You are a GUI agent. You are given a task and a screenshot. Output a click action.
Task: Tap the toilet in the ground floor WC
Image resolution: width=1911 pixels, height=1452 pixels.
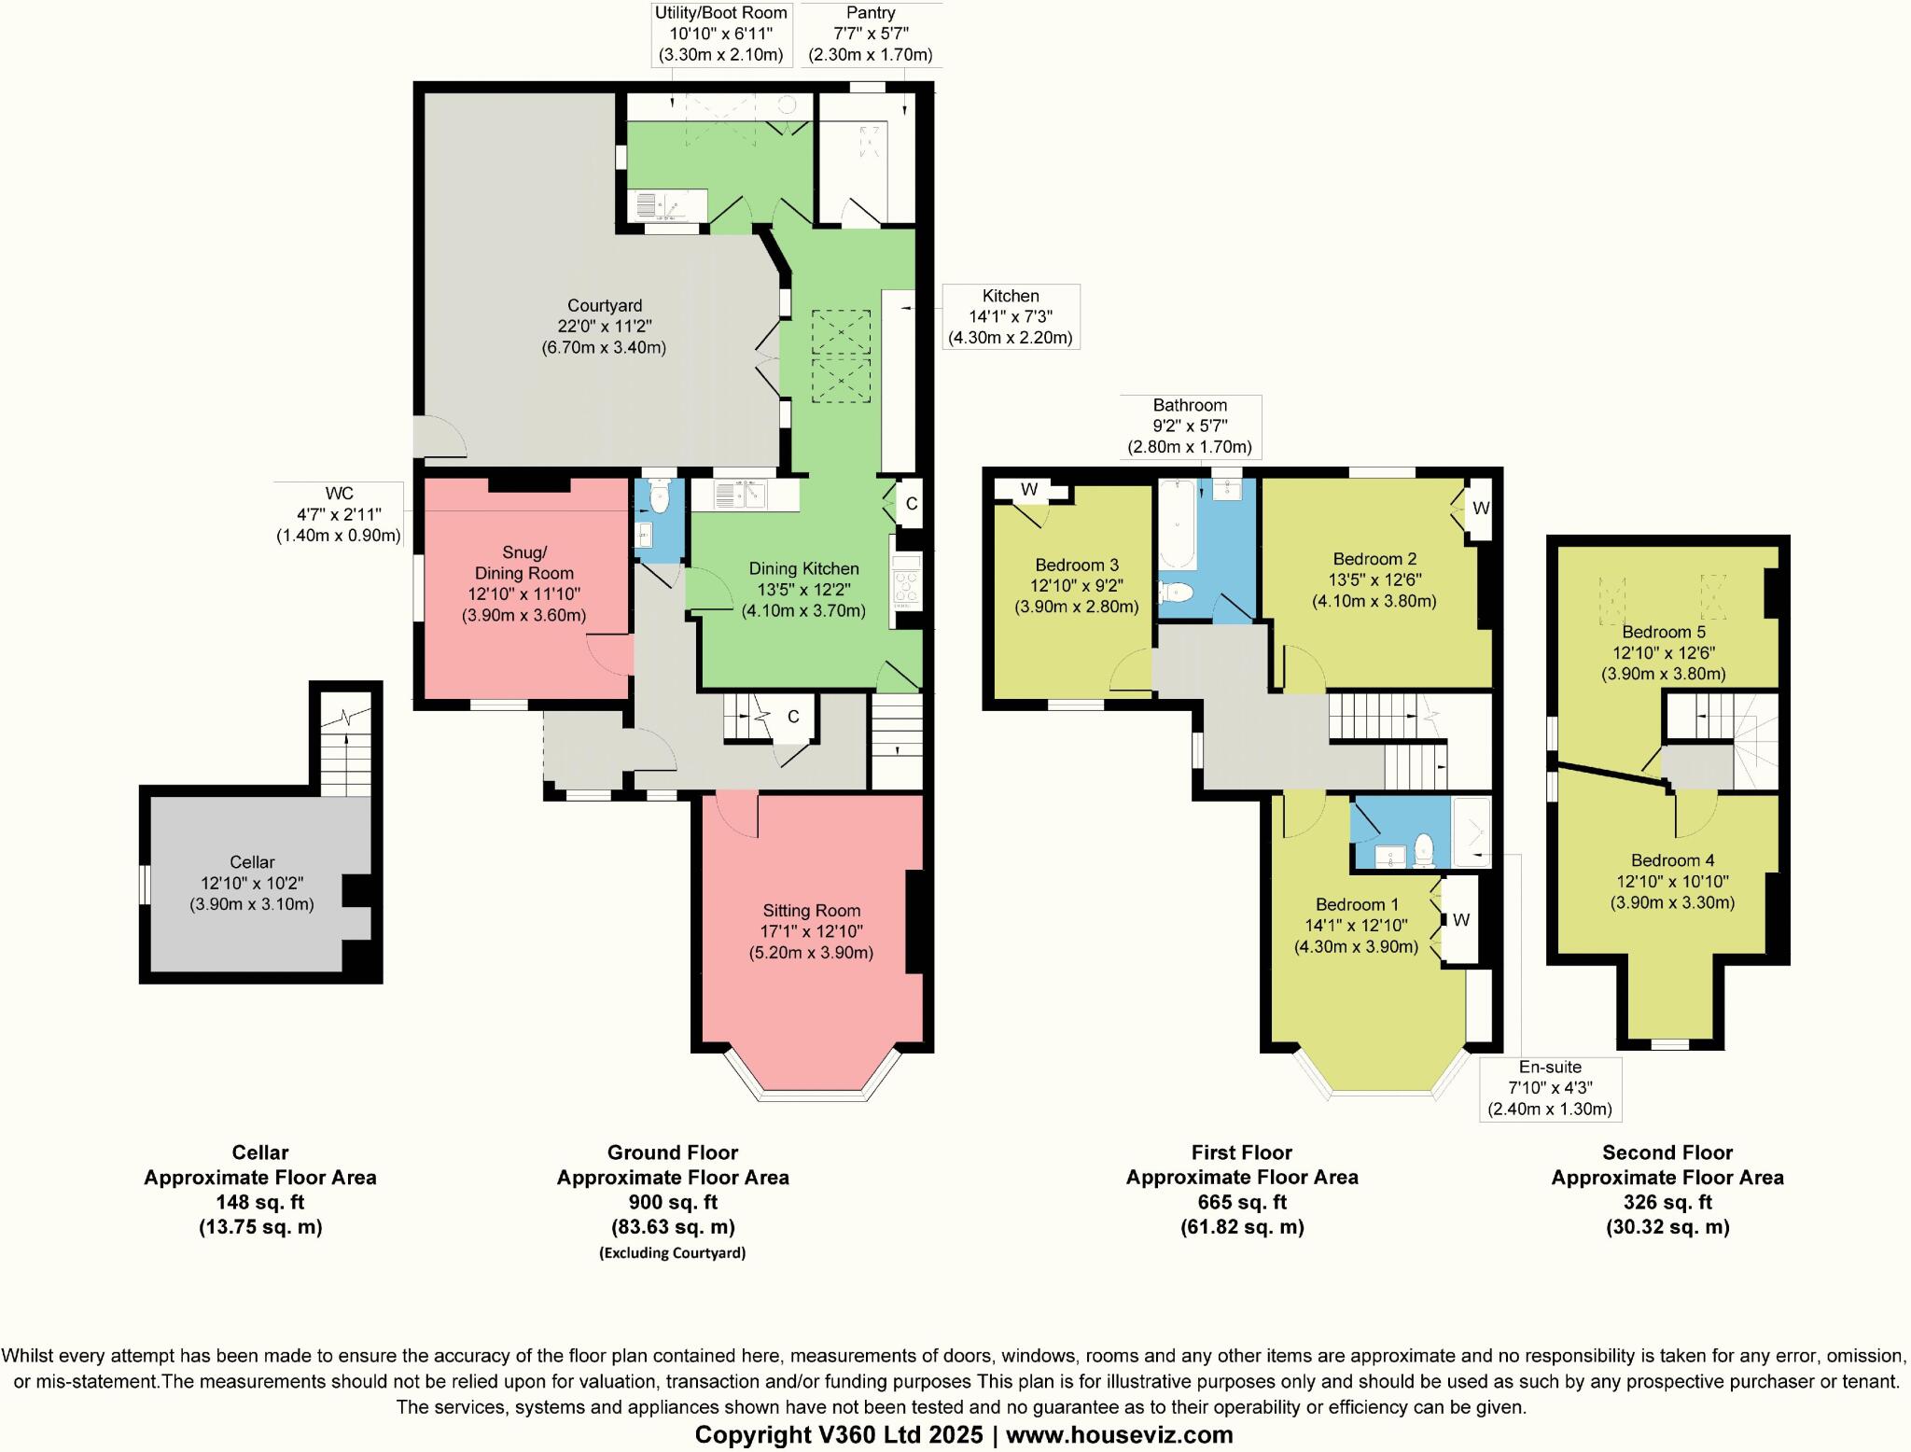(x=660, y=498)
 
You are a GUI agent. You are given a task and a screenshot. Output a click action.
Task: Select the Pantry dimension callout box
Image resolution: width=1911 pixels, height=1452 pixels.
(x=870, y=35)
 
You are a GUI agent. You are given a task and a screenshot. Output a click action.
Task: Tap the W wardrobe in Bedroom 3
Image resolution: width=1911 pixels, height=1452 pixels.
(x=1029, y=490)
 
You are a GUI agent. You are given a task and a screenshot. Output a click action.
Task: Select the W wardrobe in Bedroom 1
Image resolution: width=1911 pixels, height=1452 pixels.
(x=1461, y=920)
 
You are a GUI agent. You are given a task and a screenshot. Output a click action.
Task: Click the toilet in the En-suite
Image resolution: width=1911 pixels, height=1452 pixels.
(x=1424, y=849)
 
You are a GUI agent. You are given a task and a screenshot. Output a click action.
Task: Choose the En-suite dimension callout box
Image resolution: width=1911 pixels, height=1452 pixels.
(x=1550, y=1088)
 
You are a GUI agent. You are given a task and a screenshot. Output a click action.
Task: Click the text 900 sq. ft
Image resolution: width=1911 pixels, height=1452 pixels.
(x=673, y=1202)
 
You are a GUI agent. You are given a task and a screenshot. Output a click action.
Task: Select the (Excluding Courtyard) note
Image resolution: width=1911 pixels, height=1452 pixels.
(x=672, y=1252)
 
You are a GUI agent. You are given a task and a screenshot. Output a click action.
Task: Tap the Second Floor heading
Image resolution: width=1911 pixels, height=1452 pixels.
(x=1667, y=1152)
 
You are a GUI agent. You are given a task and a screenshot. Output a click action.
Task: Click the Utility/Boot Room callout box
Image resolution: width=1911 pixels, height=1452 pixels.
(x=720, y=35)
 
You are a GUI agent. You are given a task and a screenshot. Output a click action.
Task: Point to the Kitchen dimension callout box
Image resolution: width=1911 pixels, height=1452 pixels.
(x=1010, y=316)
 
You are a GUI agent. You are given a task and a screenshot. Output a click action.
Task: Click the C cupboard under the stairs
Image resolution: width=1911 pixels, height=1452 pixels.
(x=793, y=717)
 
